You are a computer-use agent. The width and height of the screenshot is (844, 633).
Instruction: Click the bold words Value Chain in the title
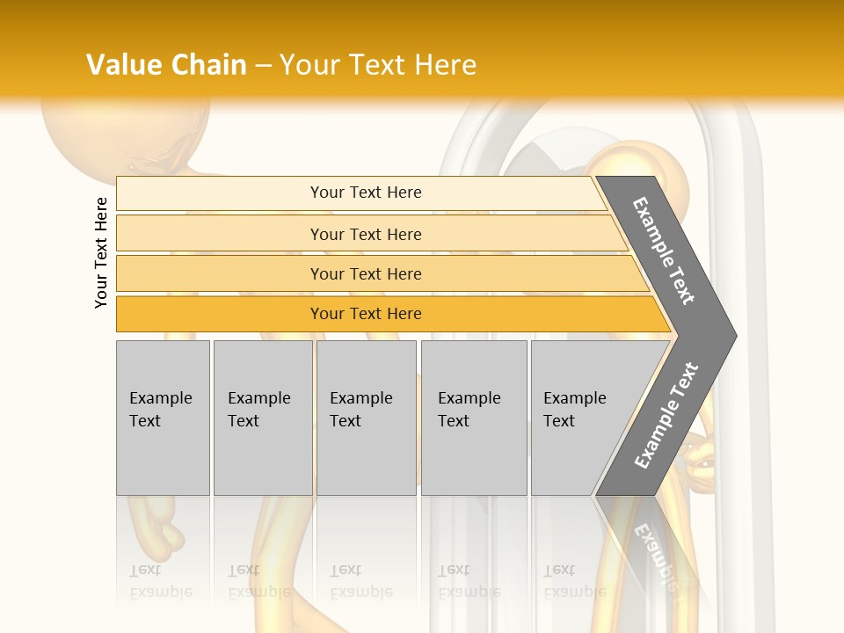coord(166,65)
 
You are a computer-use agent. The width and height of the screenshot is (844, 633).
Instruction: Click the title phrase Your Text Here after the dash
coord(378,65)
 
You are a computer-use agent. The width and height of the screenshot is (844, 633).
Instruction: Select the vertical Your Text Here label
coord(101,252)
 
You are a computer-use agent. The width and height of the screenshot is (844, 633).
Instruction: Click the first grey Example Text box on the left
coord(163,418)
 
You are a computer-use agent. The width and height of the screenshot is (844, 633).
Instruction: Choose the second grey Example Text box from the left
coord(262,418)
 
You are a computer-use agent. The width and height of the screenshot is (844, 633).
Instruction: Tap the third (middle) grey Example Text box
coord(366,418)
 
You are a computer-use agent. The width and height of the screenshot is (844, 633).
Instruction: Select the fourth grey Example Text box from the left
coord(474,418)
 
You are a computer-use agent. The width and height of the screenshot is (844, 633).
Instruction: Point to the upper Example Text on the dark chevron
coord(664,251)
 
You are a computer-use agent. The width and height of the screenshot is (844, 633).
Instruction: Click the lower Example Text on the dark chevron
coord(666,415)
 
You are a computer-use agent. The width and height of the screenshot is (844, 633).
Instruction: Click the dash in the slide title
coord(263,66)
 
